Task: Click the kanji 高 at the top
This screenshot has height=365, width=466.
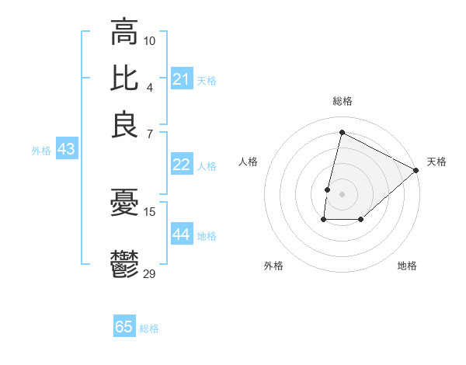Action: click(124, 33)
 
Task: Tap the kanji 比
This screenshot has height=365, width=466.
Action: click(124, 78)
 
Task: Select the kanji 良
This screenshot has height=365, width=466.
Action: click(124, 124)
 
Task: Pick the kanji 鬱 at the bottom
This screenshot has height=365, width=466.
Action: click(124, 264)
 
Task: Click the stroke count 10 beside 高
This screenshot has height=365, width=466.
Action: click(150, 40)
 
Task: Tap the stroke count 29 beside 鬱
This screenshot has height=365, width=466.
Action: click(150, 273)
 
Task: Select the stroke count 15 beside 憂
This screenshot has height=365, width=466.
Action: click(150, 211)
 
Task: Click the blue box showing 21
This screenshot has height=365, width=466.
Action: click(181, 79)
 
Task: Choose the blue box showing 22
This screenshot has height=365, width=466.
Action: click(181, 165)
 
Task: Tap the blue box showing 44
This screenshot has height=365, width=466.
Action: click(181, 235)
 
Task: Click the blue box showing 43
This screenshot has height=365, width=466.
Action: click(66, 149)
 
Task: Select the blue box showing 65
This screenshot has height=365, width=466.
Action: click(124, 327)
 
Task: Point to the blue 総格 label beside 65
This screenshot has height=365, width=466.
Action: click(149, 328)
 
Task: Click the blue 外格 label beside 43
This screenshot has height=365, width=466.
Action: click(41, 151)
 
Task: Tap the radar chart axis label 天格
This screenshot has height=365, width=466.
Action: click(436, 162)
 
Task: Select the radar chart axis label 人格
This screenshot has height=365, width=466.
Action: click(248, 162)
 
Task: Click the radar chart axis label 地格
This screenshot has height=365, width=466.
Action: click(407, 266)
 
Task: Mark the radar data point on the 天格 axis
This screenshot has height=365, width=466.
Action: click(416, 170)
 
